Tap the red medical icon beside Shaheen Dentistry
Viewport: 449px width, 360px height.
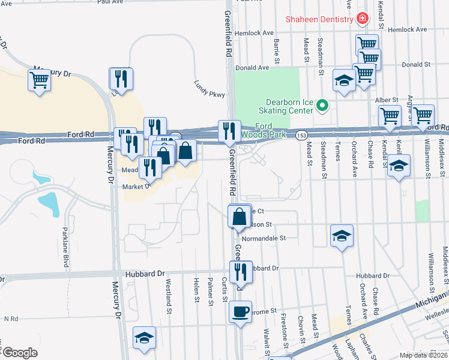[363, 19]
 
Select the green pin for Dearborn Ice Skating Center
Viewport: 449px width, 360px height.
[322, 106]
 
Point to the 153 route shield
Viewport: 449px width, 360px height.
[301, 136]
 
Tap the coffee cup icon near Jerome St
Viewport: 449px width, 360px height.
[241, 312]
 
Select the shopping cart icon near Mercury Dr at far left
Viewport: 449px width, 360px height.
[39, 80]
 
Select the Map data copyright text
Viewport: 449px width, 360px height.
[423, 355]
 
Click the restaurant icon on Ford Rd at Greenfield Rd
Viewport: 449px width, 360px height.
[229, 131]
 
